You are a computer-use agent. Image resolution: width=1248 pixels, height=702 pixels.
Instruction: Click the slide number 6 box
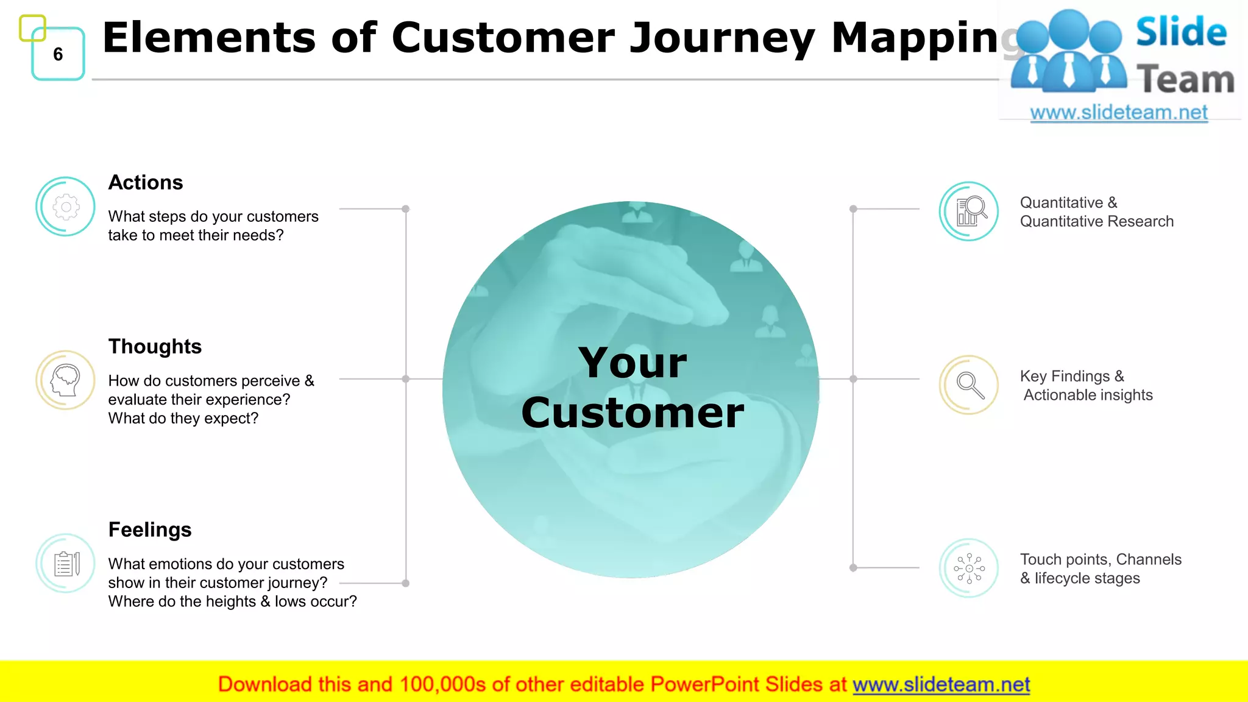click(x=58, y=54)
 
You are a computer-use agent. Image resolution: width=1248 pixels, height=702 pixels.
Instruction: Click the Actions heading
click(x=146, y=182)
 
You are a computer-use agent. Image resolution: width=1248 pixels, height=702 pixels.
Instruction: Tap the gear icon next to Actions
click(x=66, y=207)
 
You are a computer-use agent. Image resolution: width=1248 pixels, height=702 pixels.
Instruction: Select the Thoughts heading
click(x=155, y=346)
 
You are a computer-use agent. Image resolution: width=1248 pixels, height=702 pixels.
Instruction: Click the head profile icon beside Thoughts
click(x=66, y=380)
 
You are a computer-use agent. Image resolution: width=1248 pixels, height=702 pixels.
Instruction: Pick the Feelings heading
click(x=150, y=530)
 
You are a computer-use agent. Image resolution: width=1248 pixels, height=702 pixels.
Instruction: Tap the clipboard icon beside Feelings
click(x=66, y=564)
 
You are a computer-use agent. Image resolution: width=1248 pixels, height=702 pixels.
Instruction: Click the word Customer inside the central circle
click(x=633, y=413)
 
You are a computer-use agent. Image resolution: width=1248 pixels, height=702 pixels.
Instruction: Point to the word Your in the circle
click(x=633, y=363)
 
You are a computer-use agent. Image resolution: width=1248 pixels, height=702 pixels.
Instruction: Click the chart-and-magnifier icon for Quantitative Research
click(x=969, y=211)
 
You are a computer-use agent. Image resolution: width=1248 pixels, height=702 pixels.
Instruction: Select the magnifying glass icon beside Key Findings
click(x=969, y=385)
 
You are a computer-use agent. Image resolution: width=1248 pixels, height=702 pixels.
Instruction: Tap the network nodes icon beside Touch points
click(x=969, y=568)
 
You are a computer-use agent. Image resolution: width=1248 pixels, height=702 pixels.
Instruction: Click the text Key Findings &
click(x=1072, y=376)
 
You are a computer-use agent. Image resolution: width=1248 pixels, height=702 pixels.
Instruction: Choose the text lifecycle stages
click(x=1087, y=578)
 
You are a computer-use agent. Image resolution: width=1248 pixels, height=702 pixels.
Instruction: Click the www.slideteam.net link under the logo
click(x=1119, y=113)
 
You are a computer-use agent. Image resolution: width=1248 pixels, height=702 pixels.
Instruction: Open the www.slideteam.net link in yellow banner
click(x=941, y=684)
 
